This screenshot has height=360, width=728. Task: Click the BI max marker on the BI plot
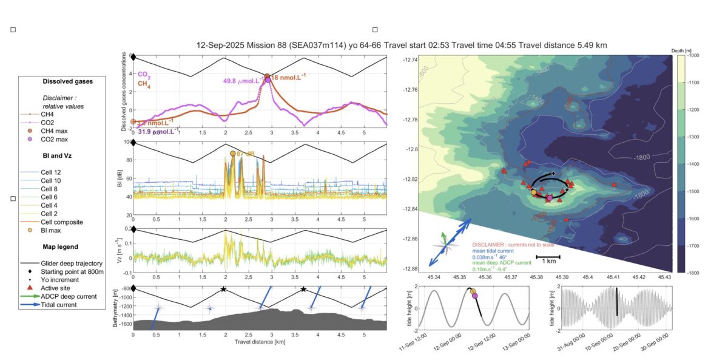click(233, 154)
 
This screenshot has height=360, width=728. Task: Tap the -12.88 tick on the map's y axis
click(412, 269)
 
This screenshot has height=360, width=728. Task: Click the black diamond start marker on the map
click(554, 173)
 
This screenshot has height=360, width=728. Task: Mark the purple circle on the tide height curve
click(475, 296)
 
